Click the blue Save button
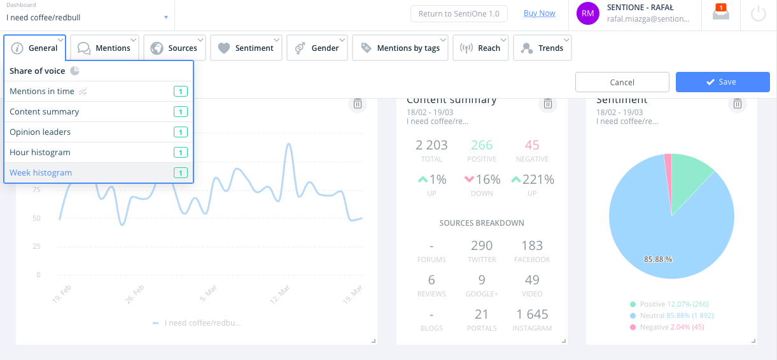pos(722,82)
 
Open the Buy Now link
pos(539,13)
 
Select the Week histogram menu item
pos(41,173)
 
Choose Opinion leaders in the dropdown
pos(40,132)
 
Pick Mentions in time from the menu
pos(42,92)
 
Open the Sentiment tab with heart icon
pos(246,48)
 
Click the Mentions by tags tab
pos(400,48)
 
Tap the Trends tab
pos(542,48)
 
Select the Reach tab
pos(480,48)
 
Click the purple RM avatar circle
pos(588,14)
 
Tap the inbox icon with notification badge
pos(720,13)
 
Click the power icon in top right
pos(759,14)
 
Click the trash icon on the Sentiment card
pos(738,104)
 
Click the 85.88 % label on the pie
pos(658,260)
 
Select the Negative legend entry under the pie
pos(667,327)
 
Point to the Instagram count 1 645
pos(532,314)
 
